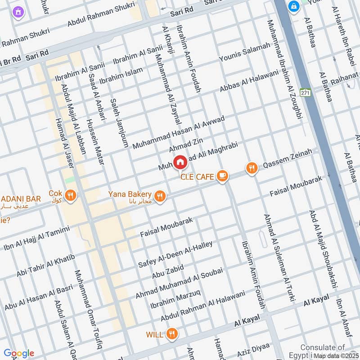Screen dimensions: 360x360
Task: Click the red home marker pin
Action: coord(180,162)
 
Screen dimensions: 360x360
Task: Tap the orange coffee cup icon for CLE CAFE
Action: coord(221,176)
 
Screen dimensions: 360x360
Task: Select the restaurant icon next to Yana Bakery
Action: coord(159,196)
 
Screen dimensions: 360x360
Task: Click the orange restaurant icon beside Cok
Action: coord(70,195)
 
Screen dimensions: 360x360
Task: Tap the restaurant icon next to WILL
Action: coord(171,334)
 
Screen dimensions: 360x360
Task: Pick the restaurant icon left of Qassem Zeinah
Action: coord(252,168)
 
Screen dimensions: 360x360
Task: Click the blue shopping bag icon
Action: coord(294,7)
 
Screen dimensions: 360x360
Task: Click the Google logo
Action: coord(19,353)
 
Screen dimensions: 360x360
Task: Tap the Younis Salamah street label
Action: coord(244,53)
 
